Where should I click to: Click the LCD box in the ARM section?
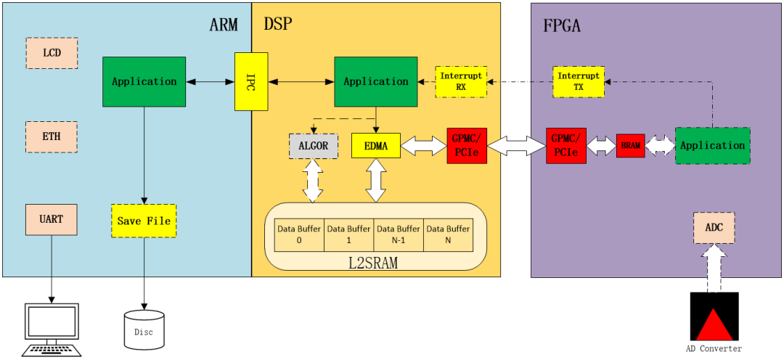[x=52, y=53]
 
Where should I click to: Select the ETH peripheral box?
[x=52, y=136]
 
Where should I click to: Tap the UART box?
[x=52, y=219]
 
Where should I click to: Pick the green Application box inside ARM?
[x=144, y=81]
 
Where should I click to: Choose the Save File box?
[x=144, y=221]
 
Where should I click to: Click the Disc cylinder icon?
[x=144, y=329]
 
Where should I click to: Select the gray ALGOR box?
[x=313, y=145]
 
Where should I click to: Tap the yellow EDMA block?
[x=375, y=145]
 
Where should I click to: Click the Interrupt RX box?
[x=461, y=81]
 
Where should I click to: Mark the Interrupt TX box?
[x=579, y=81]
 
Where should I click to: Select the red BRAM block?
[x=630, y=145]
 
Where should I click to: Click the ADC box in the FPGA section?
[x=714, y=227]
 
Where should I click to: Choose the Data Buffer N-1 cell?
[x=398, y=234]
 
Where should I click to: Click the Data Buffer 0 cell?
[x=298, y=234]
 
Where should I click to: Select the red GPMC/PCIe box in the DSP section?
[x=467, y=145]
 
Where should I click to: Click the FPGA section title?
[x=563, y=26]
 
